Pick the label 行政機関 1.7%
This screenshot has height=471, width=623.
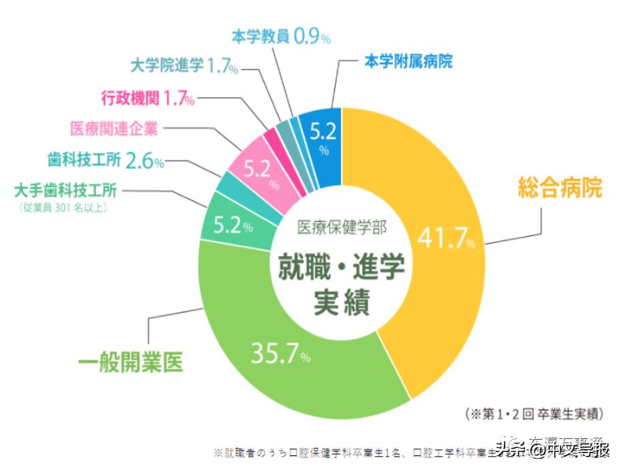(147, 99)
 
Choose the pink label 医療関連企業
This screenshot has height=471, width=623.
(114, 129)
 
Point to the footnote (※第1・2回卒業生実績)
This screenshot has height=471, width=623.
(534, 414)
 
